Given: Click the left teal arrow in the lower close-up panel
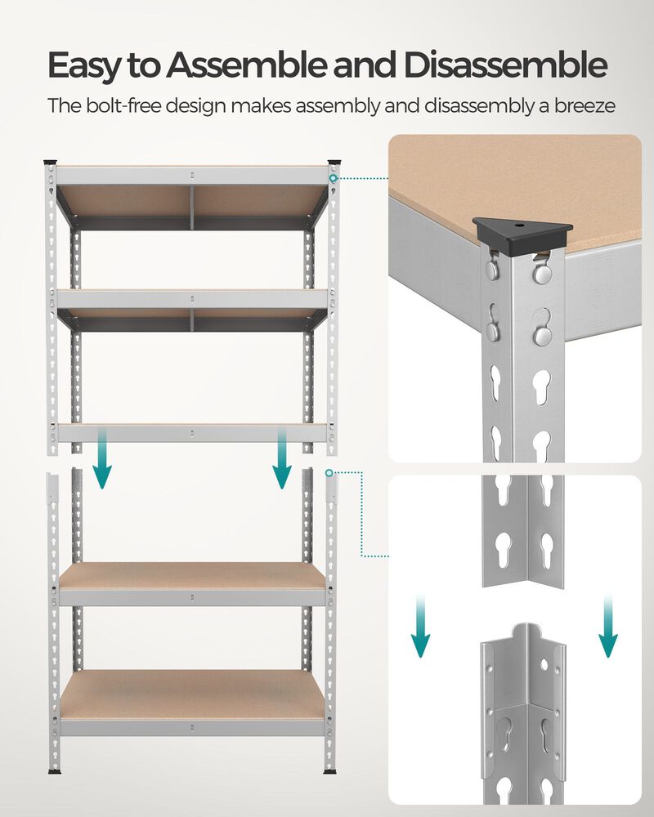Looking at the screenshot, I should pyautogui.click(x=420, y=626).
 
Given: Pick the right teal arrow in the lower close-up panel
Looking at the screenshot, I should pyautogui.click(x=607, y=626).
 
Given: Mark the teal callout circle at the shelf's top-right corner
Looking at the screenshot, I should pyautogui.click(x=334, y=177).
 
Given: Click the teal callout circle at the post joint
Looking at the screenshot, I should pyautogui.click(x=329, y=472).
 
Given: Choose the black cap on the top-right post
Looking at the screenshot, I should pyautogui.click(x=334, y=161).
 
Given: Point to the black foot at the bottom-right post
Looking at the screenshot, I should pyautogui.click(x=331, y=769).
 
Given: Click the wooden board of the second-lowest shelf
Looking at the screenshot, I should pyautogui.click(x=192, y=575).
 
